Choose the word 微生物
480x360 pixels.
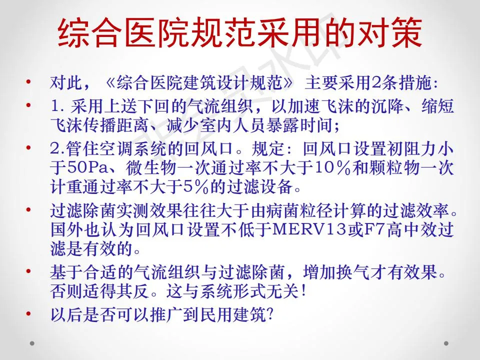point(150,167)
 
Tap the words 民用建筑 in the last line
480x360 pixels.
point(233,314)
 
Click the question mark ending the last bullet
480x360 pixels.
point(270,314)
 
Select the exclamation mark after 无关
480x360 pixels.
point(303,290)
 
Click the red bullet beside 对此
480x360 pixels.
point(29,82)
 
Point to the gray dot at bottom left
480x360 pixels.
point(32,343)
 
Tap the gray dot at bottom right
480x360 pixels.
point(446,343)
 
